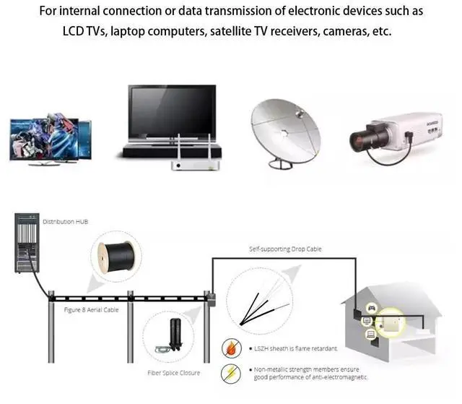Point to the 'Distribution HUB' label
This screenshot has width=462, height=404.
pos(65,221)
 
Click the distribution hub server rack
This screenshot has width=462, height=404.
pos(26,242)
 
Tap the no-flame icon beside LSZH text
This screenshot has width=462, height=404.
pos(232,348)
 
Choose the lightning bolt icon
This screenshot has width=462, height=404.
pos(232,372)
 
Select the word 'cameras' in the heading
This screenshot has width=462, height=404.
pos(355,34)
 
